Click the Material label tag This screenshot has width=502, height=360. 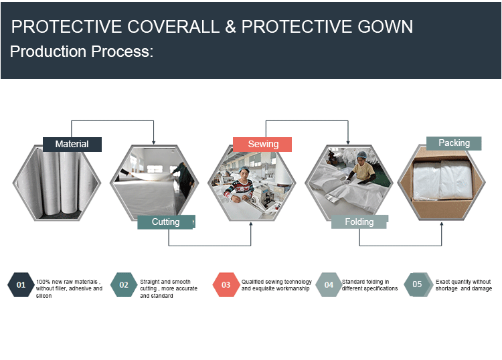[x=72, y=145]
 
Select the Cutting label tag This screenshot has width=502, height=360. [x=166, y=221]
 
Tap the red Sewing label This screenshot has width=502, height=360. [x=262, y=145]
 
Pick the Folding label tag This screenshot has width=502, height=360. [x=359, y=221]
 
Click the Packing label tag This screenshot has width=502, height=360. [x=454, y=143]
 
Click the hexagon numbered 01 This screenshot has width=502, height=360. [x=21, y=284]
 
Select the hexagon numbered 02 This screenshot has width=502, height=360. [x=124, y=284]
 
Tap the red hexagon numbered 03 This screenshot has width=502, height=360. [x=226, y=284]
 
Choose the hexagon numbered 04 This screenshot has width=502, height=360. [x=329, y=284]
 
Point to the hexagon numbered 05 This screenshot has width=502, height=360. [x=417, y=284]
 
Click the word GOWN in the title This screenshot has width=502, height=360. [x=385, y=27]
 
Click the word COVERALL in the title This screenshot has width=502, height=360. [x=173, y=27]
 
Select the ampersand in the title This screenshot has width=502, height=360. [x=230, y=27]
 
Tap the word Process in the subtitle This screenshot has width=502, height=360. [x=122, y=52]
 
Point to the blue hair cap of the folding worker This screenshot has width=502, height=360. [x=361, y=155]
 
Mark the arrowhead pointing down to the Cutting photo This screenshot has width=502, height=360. [x=154, y=142]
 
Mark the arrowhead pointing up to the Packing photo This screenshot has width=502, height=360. [x=442, y=224]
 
